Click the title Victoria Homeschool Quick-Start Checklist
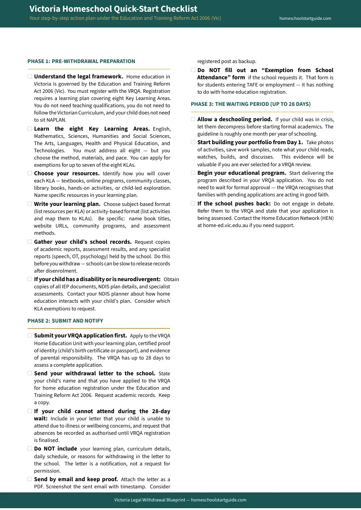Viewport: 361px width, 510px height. click(x=113, y=9)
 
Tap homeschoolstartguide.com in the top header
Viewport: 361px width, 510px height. click(x=305, y=18)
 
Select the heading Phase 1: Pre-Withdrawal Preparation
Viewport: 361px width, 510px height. click(x=81, y=61)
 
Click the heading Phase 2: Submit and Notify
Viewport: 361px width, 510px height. click(x=65, y=321)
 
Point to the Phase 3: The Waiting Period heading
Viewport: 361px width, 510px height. click(x=250, y=104)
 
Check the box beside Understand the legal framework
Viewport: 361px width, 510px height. click(x=30, y=77)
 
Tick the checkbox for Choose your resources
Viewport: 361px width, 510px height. click(x=30, y=173)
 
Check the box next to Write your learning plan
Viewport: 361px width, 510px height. click(x=30, y=204)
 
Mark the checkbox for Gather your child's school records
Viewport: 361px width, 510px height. click(x=30, y=242)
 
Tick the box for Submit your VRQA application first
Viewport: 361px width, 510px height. click(x=30, y=336)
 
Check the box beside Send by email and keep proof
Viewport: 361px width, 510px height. click(x=30, y=479)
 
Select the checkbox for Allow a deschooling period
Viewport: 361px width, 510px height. click(x=193, y=119)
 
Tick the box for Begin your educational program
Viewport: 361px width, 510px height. click(x=193, y=173)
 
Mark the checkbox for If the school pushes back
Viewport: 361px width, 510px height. click(x=193, y=204)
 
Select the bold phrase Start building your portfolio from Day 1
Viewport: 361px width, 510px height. click(x=250, y=142)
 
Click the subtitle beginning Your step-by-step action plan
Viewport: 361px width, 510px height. click(x=125, y=18)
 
